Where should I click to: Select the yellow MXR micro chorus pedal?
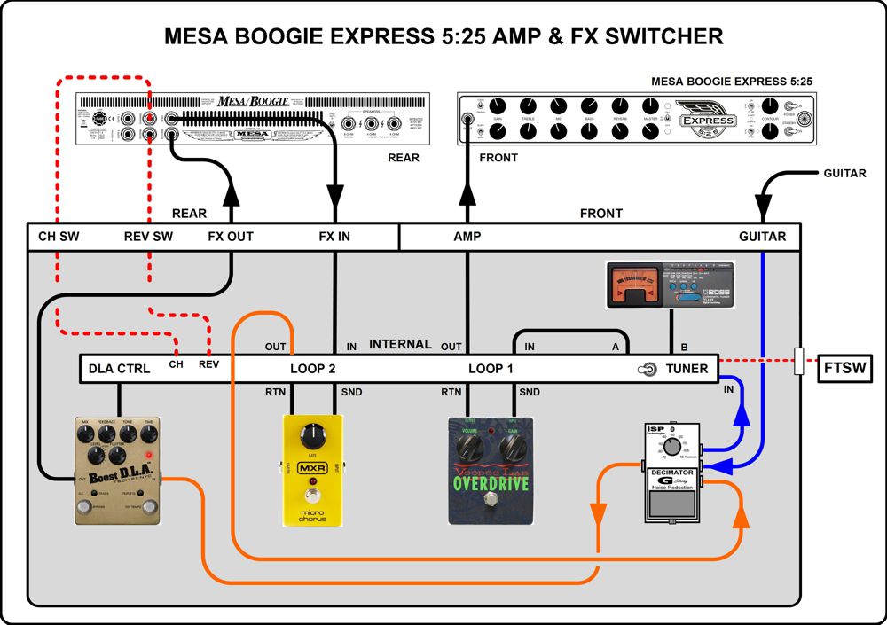[x=312, y=471]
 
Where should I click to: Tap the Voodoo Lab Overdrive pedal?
[x=491, y=471]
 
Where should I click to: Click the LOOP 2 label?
[x=312, y=368]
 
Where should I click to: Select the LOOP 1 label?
[x=491, y=368]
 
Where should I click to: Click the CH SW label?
[x=59, y=237]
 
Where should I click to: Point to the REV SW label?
[x=148, y=237]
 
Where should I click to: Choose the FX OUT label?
[x=231, y=237]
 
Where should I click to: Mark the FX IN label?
[x=334, y=237]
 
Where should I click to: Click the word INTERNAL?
[x=400, y=344]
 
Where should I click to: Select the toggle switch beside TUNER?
[x=648, y=369]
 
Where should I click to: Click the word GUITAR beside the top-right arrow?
[x=844, y=173]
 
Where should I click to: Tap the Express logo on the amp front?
[x=708, y=119]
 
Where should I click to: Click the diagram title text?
[x=443, y=35]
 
